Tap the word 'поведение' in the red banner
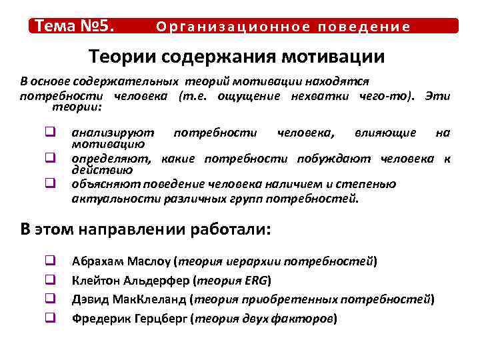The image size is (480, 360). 364,27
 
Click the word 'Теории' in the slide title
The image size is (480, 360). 124,57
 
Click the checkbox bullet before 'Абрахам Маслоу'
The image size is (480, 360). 49,261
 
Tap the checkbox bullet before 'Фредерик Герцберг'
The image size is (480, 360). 49,319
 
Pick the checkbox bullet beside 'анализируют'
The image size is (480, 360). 49,133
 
